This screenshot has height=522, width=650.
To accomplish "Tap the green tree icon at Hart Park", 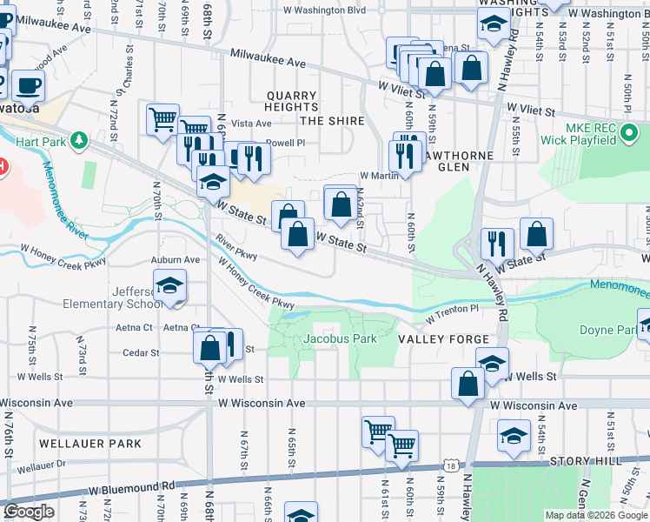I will [79, 139].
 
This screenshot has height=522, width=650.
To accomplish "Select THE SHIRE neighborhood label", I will [330, 120].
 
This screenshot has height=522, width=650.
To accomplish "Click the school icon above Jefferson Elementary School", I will [170, 284].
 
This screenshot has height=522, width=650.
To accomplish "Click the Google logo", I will [29, 512].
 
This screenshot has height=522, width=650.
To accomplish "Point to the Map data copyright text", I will [595, 515].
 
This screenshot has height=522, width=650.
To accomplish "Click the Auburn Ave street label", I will [176, 259].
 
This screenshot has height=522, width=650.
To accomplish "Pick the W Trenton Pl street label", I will [452, 309].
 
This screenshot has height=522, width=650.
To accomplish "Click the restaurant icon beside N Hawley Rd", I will [497, 242].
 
